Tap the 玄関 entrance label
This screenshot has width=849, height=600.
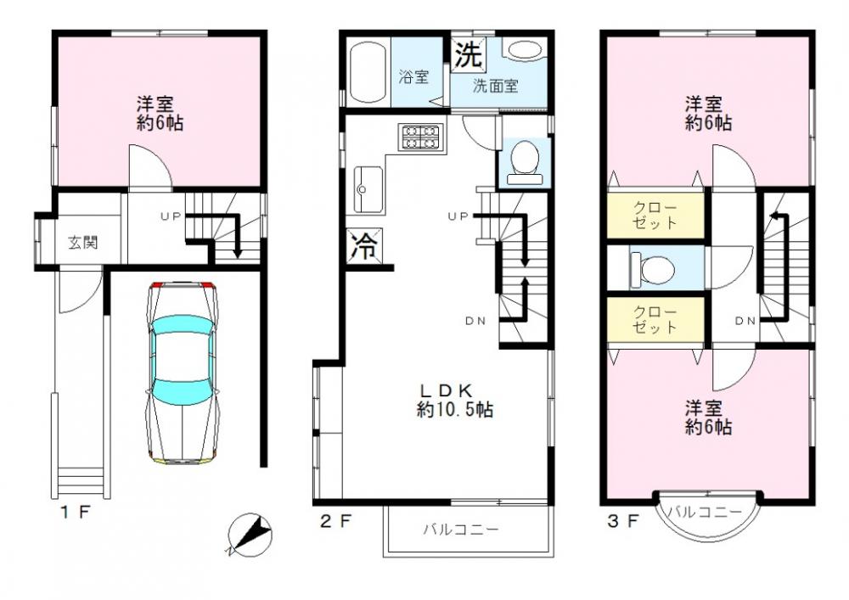[83, 243]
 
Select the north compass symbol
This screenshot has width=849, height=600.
[250, 535]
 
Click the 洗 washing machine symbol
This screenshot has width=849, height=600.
[468, 54]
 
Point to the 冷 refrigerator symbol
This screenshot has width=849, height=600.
[364, 244]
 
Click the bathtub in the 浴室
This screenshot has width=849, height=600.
[368, 74]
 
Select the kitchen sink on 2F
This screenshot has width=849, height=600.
[368, 189]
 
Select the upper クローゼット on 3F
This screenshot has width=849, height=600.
[655, 215]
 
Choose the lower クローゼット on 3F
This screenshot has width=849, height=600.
[655, 320]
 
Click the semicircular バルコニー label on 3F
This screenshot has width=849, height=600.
[704, 511]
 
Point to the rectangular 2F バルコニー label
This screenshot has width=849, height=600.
[461, 529]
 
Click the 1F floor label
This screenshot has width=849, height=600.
[75, 512]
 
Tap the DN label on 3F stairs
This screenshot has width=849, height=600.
[745, 321]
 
